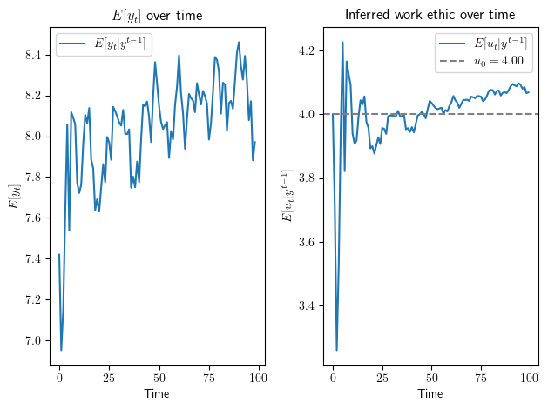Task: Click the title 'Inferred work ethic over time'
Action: [x=430, y=15]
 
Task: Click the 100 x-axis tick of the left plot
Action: [x=258, y=379]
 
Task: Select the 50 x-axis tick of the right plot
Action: [x=431, y=379]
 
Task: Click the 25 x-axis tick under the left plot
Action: [x=109, y=379]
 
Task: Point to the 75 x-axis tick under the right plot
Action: [x=481, y=379]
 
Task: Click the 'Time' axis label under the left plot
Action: [x=157, y=394]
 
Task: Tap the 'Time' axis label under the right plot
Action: [x=430, y=394]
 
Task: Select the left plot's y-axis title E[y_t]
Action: [x=14, y=197]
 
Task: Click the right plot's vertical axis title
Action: [x=288, y=197]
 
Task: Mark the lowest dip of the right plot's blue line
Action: [x=337, y=350]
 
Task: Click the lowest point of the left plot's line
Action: [x=61, y=350]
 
